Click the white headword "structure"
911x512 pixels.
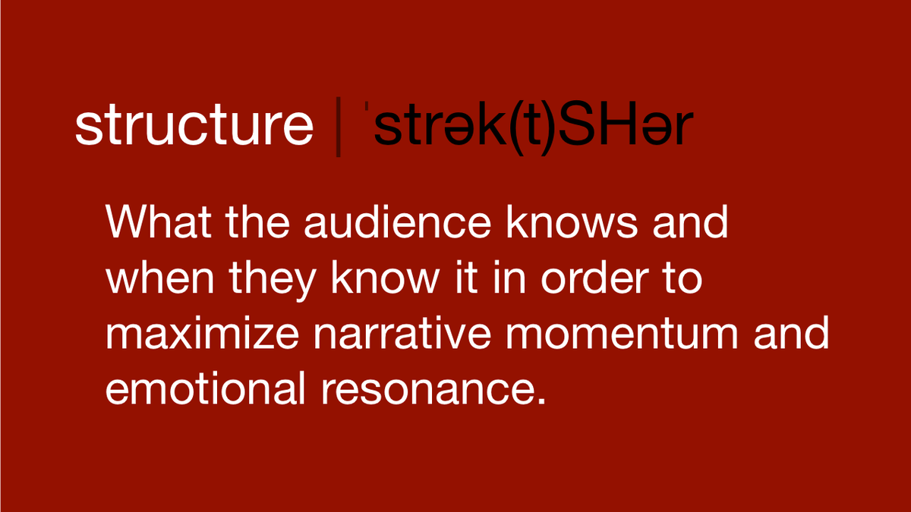(x=194, y=126)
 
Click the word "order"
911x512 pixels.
(x=597, y=280)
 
